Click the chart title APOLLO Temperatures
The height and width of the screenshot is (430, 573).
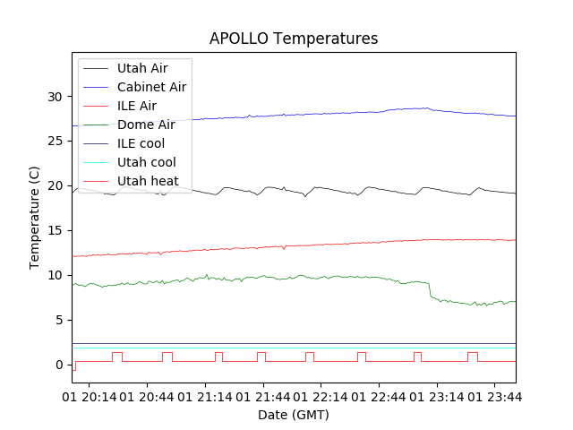point(294,39)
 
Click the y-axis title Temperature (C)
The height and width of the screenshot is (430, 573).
point(34,217)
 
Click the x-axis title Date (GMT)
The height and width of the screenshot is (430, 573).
point(294,415)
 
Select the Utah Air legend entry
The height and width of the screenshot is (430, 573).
point(142,68)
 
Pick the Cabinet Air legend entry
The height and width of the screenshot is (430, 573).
point(151,87)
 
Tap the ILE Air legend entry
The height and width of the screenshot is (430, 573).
point(137,106)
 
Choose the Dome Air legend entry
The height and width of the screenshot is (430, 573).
point(146,125)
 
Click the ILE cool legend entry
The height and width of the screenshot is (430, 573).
point(141,143)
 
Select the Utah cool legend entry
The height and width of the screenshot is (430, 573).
point(146,162)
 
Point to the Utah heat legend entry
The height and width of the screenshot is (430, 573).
point(148,181)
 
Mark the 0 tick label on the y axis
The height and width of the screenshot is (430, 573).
point(60,365)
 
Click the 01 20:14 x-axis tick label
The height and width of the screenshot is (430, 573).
point(90,395)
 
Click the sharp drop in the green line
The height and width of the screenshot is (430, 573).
point(430,289)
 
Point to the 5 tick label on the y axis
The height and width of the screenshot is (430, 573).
point(60,320)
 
